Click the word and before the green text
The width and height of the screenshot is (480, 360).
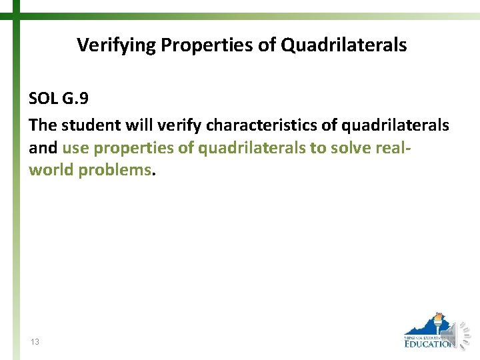click(x=43, y=147)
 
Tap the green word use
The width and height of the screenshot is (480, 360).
click(x=75, y=147)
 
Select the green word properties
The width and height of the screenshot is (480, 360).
click(x=132, y=147)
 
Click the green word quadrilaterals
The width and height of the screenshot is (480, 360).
click(x=251, y=147)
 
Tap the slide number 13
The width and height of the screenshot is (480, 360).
click(x=35, y=342)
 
